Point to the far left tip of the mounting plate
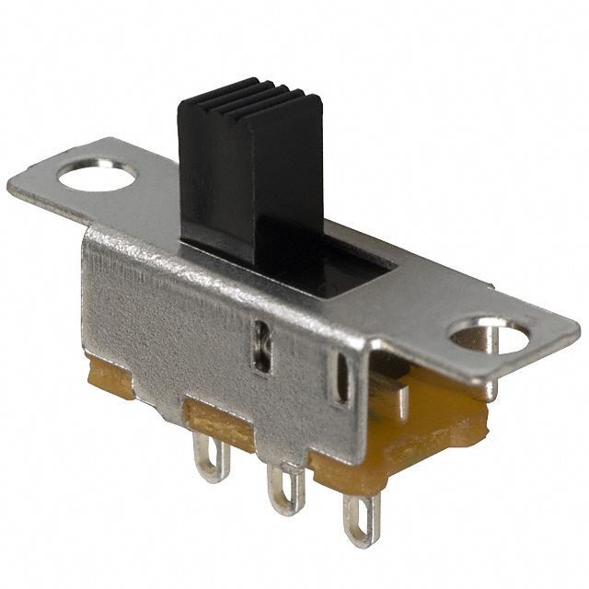pyautogui.click(x=11, y=188)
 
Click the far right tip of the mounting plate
pyautogui.click(x=577, y=327)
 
